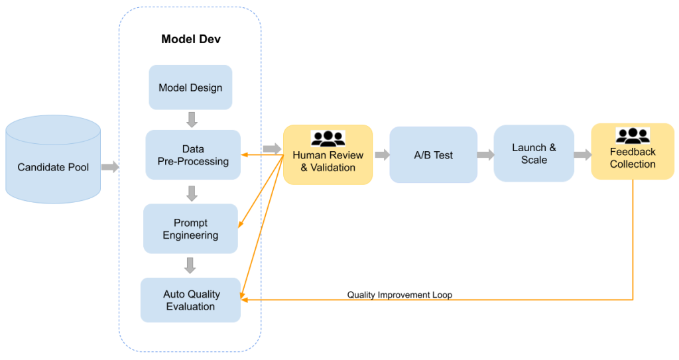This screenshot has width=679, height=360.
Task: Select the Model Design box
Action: click(x=190, y=88)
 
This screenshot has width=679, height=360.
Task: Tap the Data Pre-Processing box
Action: click(x=193, y=155)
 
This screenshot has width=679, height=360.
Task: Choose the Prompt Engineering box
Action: click(x=190, y=229)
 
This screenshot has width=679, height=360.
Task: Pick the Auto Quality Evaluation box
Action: click(x=190, y=300)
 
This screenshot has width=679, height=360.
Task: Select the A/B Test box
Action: click(x=434, y=155)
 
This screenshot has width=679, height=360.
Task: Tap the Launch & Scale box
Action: click(x=534, y=154)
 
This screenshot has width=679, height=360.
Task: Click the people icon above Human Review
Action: click(x=328, y=139)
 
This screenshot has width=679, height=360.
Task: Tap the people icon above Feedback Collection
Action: click(x=633, y=135)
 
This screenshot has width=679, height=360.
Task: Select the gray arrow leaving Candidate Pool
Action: click(x=109, y=166)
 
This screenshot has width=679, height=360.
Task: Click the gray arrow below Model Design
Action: click(x=192, y=119)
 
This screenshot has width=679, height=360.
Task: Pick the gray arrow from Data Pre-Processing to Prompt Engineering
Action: click(x=192, y=193)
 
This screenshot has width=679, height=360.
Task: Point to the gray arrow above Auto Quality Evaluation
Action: click(x=190, y=265)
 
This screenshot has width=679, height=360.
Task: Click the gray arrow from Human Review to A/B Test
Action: click(x=381, y=155)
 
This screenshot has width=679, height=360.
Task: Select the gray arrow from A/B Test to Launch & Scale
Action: click(x=485, y=155)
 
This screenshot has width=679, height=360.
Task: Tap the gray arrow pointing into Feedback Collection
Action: click(x=582, y=154)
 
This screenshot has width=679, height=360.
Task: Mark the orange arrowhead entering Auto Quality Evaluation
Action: click(x=245, y=300)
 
